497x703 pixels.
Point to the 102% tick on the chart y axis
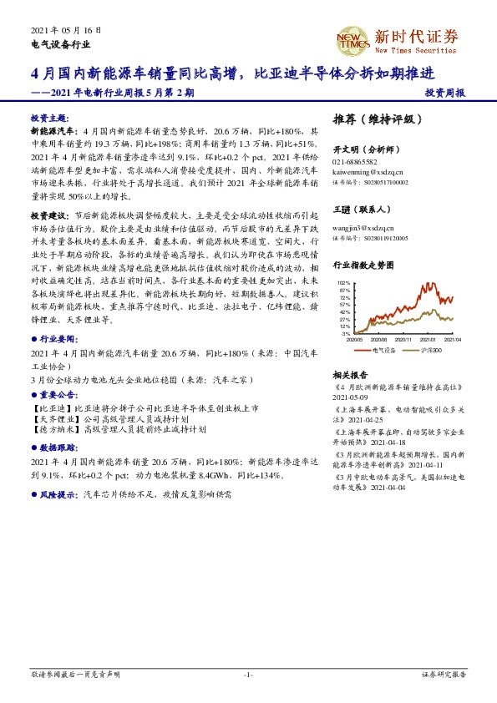point(345,283)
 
